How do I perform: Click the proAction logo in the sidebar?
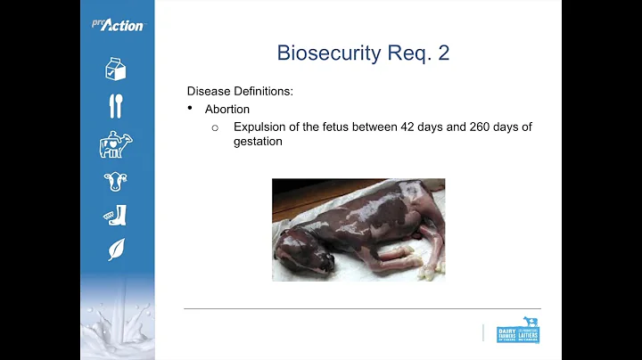(x=117, y=24)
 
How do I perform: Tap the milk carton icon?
(x=115, y=69)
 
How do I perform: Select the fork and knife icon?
(x=115, y=105)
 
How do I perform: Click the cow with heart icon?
(x=116, y=143)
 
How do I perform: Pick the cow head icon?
(x=115, y=182)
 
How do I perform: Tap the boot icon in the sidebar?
(x=115, y=216)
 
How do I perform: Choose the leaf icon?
(x=116, y=250)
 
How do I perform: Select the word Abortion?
(x=227, y=109)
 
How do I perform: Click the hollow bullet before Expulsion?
(x=215, y=127)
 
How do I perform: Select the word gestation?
(x=258, y=141)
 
